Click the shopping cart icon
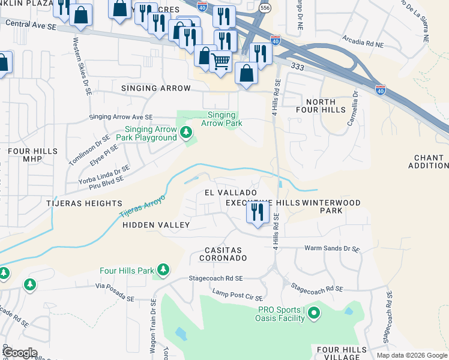(x=221, y=61)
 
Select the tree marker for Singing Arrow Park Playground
(x=186, y=131)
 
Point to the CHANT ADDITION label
(x=429, y=161)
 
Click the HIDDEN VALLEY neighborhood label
(x=156, y=225)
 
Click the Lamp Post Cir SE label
(x=238, y=294)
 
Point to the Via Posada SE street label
(x=114, y=293)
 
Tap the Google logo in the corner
(x=20, y=353)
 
